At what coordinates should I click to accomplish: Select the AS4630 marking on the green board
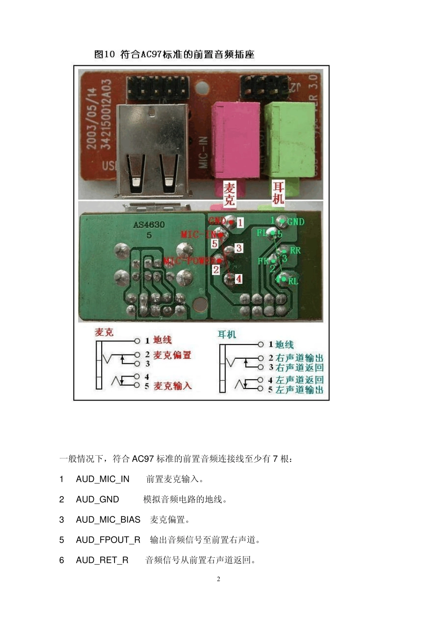point(149,225)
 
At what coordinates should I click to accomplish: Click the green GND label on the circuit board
point(295,222)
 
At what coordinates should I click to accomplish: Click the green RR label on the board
point(295,250)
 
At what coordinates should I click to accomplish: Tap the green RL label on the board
point(293,281)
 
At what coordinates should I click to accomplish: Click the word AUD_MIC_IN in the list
point(103,479)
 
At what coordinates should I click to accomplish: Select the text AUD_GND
point(98,499)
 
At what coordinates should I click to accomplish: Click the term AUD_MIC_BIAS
point(108,520)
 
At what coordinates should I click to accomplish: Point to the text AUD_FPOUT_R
point(108,540)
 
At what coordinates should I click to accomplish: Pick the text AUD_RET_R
point(102,560)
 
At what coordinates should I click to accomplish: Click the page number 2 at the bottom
point(218,579)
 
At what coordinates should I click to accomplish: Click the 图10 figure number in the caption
point(104,54)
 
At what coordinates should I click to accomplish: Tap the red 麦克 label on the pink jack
point(229,194)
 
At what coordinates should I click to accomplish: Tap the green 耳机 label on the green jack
point(278,193)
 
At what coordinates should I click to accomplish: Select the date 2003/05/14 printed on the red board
point(92,119)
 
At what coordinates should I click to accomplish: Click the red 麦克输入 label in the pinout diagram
point(172,386)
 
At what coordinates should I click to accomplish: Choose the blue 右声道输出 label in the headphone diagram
point(299,358)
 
